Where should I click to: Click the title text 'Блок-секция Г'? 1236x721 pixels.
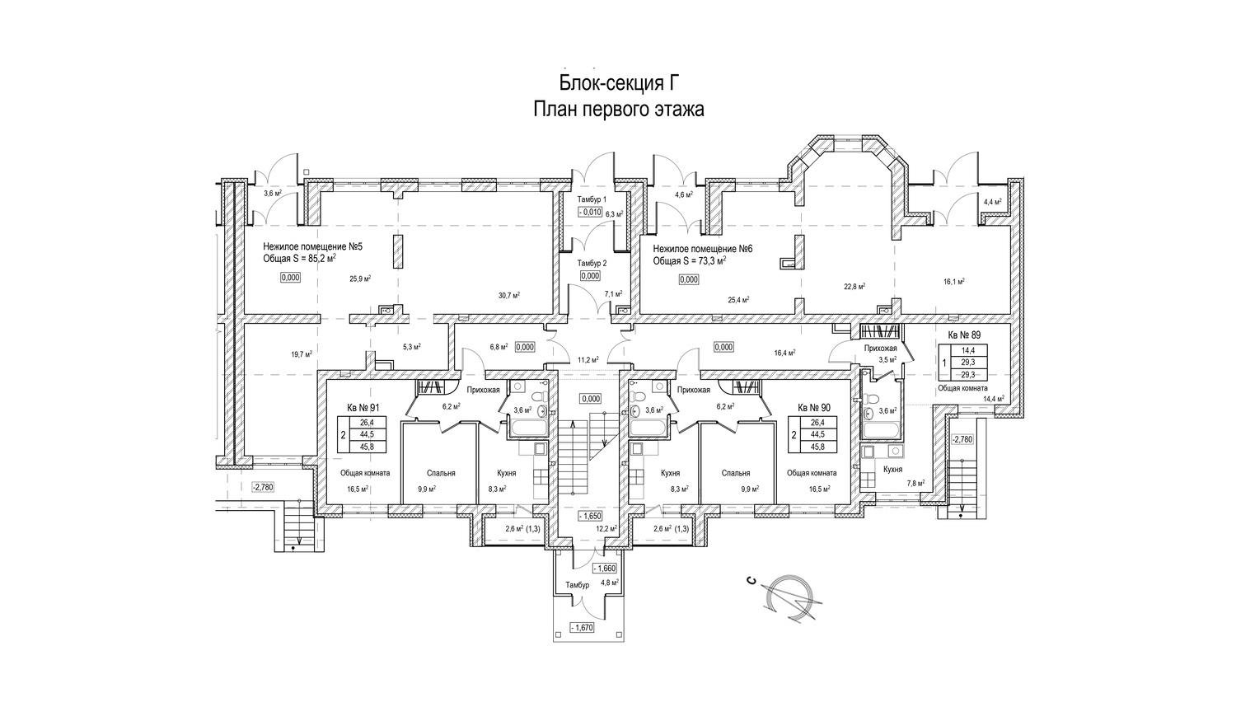[617, 83]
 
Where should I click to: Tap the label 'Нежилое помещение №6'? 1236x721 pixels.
[703, 248]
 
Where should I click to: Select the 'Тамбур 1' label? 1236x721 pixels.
[592, 200]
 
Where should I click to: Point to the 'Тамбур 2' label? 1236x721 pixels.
[592, 263]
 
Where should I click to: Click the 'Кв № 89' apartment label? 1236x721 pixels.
[964, 335]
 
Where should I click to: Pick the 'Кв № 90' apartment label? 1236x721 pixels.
[814, 407]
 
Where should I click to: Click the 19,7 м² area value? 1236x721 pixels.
[301, 354]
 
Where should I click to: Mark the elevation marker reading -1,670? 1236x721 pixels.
[582, 628]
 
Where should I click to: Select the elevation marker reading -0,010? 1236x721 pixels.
[591, 212]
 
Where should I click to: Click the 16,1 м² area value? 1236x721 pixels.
[954, 282]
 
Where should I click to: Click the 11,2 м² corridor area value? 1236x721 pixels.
[587, 360]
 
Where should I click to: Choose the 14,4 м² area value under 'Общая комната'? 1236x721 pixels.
[994, 399]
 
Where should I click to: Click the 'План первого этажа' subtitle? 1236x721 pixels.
[618, 110]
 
